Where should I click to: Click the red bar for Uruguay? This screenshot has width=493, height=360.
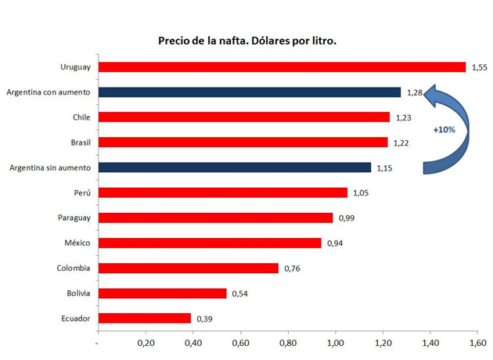[x=282, y=67]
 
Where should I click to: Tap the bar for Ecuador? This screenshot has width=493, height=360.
[x=144, y=318]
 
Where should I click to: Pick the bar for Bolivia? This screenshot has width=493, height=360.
[x=162, y=293]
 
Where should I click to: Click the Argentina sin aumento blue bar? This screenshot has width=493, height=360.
[x=234, y=167]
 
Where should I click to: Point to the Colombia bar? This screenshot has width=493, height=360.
[x=188, y=268]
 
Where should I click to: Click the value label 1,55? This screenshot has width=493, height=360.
[x=480, y=67]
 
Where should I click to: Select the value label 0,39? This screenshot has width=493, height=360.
[x=204, y=318]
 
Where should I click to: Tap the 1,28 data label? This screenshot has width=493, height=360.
[x=416, y=92]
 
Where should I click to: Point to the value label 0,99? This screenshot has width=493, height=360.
[x=347, y=218]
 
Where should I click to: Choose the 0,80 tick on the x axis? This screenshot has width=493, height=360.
[x=288, y=344]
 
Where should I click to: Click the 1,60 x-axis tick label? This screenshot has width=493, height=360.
[x=478, y=344]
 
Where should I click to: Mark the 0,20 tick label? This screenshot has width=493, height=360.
[x=146, y=344]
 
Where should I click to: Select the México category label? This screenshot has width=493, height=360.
[x=77, y=243]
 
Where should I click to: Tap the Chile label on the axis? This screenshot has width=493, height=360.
[x=81, y=117]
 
